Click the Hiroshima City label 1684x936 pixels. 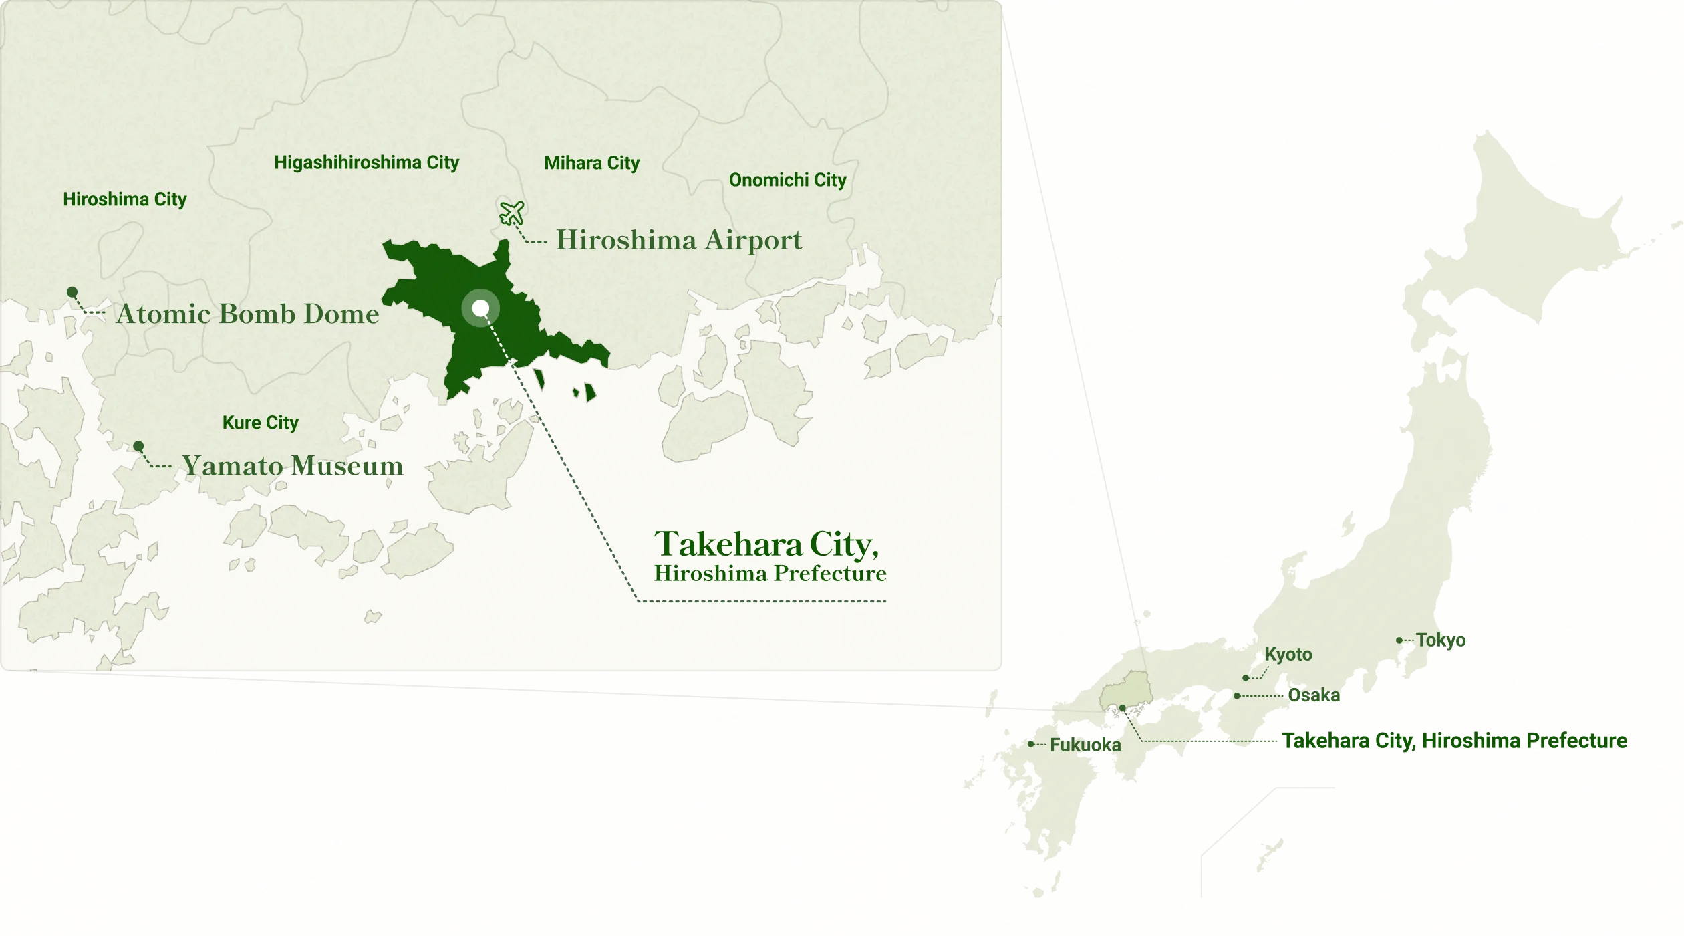pyautogui.click(x=125, y=199)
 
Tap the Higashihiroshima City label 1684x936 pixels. pyautogui.click(x=366, y=162)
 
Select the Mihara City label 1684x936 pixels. pyautogui.click(x=591, y=163)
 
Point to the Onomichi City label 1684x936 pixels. pyautogui.click(x=787, y=180)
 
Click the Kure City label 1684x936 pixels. pyautogui.click(x=260, y=423)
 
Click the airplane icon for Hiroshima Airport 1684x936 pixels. pyautogui.click(x=512, y=213)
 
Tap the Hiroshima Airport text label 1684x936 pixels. pyautogui.click(x=679, y=240)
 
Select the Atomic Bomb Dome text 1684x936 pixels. pyautogui.click(x=247, y=314)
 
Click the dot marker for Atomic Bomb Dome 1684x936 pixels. pyautogui.click(x=72, y=292)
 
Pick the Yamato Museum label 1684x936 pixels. pyautogui.click(x=293, y=466)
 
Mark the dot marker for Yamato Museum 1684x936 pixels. pyautogui.click(x=138, y=446)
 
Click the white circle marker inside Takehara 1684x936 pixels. pyautogui.click(x=480, y=308)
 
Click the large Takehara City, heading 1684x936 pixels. pyautogui.click(x=766, y=544)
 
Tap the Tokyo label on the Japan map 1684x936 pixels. pyautogui.click(x=1441, y=640)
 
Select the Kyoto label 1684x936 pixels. pyautogui.click(x=1288, y=655)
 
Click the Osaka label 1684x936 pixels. pyautogui.click(x=1314, y=695)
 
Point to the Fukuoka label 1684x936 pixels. pyautogui.click(x=1085, y=745)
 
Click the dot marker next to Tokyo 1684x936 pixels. pyautogui.click(x=1399, y=640)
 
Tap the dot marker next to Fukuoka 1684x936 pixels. pyautogui.click(x=1031, y=744)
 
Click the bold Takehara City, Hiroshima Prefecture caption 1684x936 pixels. pyautogui.click(x=1454, y=741)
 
